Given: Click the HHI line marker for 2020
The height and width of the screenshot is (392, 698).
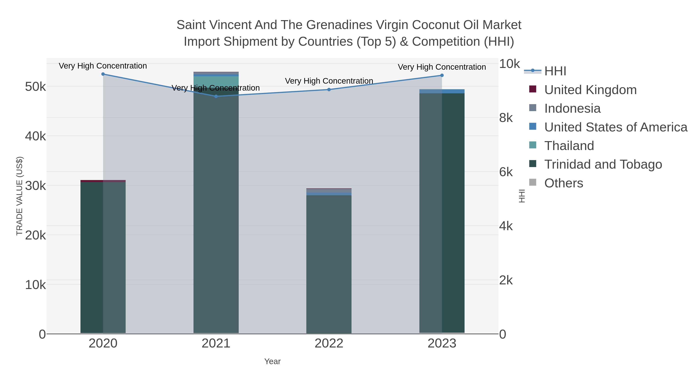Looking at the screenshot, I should (103, 74).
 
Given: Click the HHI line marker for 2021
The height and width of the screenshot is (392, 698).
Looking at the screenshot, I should (216, 96).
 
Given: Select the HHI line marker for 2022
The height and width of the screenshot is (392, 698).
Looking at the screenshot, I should (329, 90).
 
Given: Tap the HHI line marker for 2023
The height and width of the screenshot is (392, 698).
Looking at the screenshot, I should (442, 75).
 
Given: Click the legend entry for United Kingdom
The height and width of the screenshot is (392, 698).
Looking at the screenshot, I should (590, 90).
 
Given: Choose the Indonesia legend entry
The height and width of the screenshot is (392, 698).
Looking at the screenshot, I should (572, 108).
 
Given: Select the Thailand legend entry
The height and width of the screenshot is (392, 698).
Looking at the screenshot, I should (569, 146).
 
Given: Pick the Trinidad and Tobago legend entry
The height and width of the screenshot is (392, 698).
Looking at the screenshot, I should (603, 165).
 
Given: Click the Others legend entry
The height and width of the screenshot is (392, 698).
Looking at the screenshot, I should (564, 183).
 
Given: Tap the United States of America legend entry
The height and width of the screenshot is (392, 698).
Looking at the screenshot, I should (616, 127).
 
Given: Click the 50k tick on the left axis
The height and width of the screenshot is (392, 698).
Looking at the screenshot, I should (35, 87).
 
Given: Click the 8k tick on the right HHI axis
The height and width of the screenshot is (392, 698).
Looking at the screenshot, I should (506, 118).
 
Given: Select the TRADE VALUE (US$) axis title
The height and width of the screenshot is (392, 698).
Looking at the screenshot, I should (20, 196).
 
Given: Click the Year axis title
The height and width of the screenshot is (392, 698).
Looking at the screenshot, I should (272, 361).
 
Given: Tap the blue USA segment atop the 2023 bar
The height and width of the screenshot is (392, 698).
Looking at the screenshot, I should (442, 91).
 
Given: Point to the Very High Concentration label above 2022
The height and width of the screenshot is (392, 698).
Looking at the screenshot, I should (329, 81).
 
